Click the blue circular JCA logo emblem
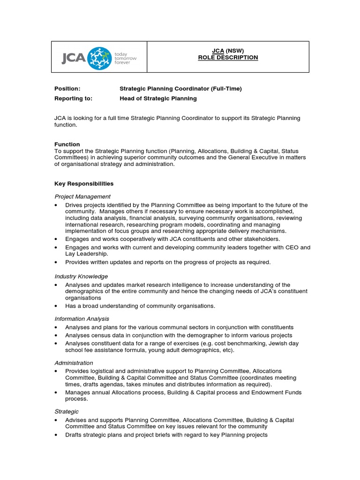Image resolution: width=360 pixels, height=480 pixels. coord(99,58)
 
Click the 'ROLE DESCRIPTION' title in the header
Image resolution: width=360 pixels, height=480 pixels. coord(228,57)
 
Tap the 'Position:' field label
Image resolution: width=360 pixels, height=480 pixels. coord(67,89)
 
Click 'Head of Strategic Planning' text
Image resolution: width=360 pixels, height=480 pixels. coord(158,98)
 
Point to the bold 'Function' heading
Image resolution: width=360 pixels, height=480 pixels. coord(67,144)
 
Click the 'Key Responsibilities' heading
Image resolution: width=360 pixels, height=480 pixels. coord(84,184)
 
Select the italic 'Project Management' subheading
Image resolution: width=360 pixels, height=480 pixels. coord(82,196)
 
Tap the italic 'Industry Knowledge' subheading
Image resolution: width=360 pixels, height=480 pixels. coord(81,277)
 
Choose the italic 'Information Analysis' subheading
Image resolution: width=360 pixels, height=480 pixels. coord(82,319)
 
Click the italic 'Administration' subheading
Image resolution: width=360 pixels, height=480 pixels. coord(74,363)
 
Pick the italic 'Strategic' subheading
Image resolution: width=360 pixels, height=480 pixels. coord(67,412)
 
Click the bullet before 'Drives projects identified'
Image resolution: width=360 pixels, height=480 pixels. coord(56,205)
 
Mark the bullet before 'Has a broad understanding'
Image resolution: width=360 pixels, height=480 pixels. coord(56,306)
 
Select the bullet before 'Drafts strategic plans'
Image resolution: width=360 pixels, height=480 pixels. coord(56,435)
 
